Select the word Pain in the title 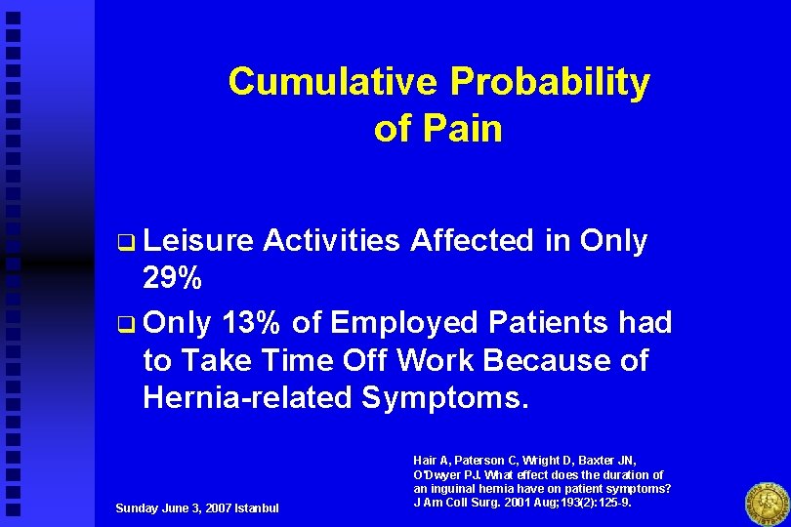coord(464,130)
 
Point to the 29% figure coord(173,281)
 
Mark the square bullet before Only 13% coord(124,323)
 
